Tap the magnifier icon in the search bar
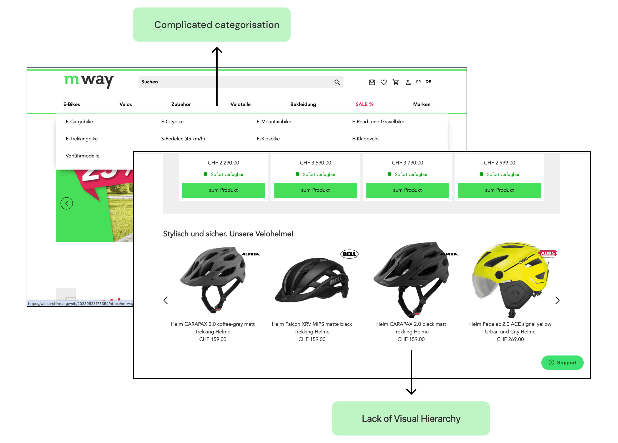337,82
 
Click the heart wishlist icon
384,82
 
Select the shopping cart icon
396,82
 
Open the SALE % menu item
364,104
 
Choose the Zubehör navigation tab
181,104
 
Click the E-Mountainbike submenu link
274,122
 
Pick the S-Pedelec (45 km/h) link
183,139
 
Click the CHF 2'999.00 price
499,163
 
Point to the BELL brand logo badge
349,254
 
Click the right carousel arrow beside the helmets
557,300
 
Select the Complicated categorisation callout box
212,25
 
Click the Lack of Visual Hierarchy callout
411,418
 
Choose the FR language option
418,82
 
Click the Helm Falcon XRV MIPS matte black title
312,324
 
